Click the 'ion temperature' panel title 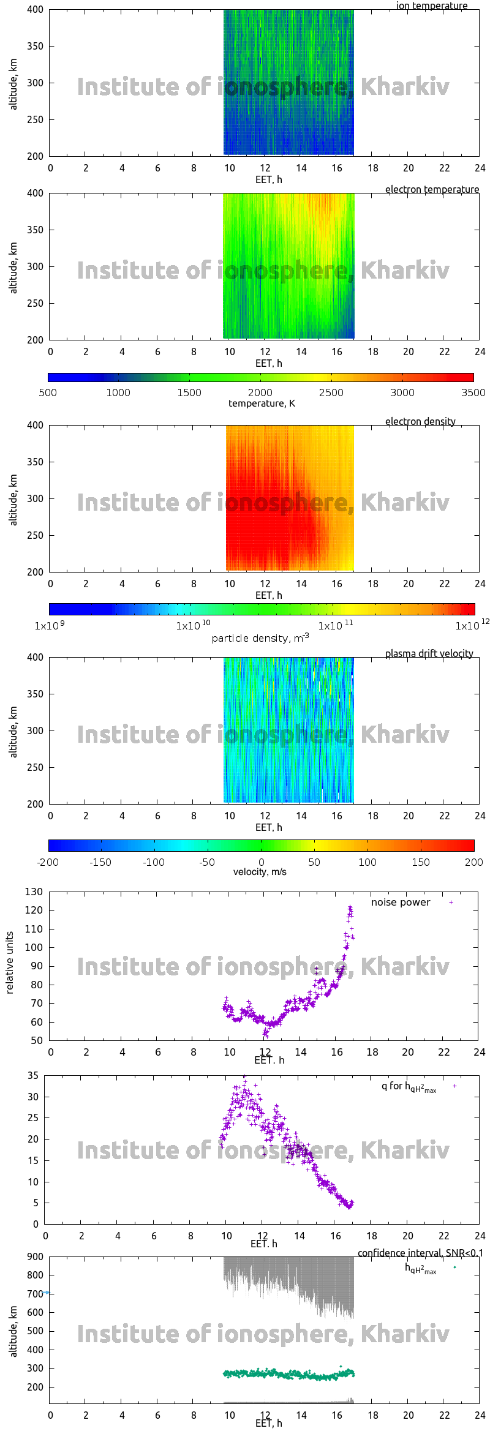click(431, 6)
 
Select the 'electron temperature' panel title click(432, 189)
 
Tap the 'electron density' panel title click(420, 421)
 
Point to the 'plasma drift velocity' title click(429, 653)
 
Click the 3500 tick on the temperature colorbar click(473, 392)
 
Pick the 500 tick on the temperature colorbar click(48, 392)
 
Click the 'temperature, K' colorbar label click(262, 403)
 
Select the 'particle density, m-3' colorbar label click(260, 638)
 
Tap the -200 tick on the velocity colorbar click(48, 862)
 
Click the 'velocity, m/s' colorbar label click(260, 871)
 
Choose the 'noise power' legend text click(401, 902)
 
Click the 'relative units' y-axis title click(10, 963)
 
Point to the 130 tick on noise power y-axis click(34, 892)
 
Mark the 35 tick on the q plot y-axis click(33, 1075)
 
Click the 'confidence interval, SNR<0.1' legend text click(420, 1253)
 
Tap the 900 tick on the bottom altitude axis click(36, 1256)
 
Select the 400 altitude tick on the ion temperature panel click(36, 9)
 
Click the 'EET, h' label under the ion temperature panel click(268, 179)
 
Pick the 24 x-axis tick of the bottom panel click(480, 1415)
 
